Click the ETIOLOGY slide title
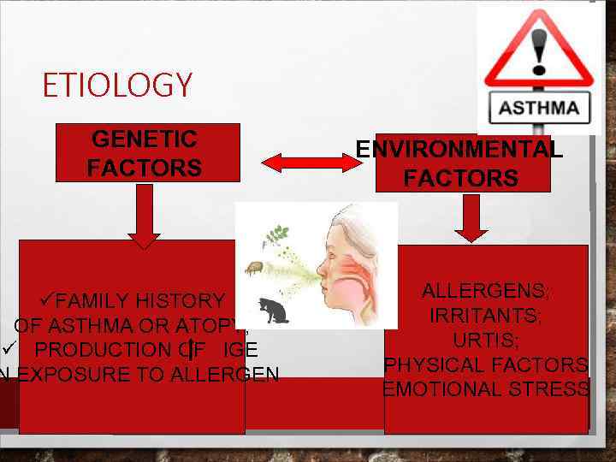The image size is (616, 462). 117,86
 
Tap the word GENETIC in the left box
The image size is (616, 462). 144,139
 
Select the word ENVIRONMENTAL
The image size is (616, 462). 459,149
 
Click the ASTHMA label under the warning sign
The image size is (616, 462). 538,109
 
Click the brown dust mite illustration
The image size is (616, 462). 254,269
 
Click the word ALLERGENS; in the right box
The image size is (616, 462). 486,291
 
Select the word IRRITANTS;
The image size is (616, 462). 485,316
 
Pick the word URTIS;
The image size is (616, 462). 485,340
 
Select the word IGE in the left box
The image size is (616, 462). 238,349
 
